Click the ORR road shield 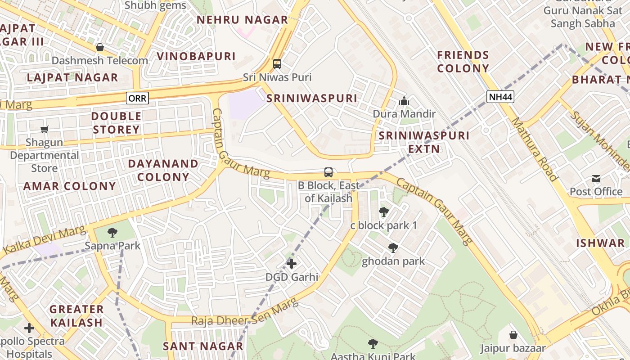137,98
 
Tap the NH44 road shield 500,96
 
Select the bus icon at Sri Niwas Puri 277,64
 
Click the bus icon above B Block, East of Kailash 328,172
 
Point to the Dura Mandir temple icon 404,101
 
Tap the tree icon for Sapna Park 112,233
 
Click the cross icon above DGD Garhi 292,263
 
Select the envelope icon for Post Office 596,179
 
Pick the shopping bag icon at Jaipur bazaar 513,335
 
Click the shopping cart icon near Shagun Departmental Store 45,130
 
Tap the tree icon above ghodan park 393,247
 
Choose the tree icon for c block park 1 383,212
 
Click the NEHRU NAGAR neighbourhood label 242,20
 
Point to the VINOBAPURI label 196,56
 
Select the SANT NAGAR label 203,346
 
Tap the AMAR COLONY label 70,186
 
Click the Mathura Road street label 535,149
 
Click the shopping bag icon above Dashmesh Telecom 100,47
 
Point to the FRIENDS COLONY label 463,62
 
